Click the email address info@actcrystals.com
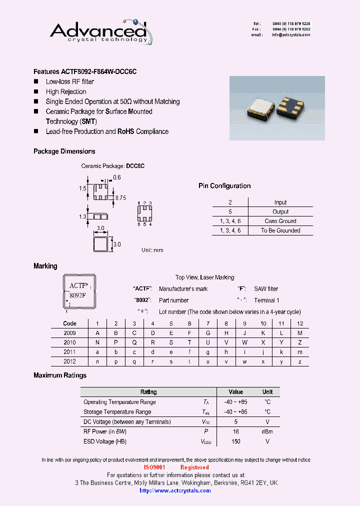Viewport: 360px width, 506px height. [291, 35]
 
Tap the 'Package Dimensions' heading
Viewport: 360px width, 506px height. [64, 151]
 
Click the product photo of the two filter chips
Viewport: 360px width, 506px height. [277, 108]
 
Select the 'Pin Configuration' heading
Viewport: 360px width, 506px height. [224, 186]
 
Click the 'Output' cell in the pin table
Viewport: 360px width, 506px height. [280, 211]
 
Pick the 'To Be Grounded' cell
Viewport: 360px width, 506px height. [280, 230]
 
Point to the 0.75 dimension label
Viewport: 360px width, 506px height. [120, 198]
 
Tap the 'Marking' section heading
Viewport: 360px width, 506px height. [45, 266]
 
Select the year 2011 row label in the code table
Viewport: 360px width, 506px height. [70, 352]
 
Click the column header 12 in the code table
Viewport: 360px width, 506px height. [300, 323]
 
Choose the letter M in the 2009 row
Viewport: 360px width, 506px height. [300, 333]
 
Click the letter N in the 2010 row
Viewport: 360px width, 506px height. [97, 342]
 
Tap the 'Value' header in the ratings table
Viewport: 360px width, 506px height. [236, 392]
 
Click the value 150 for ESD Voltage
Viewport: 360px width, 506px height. [236, 441]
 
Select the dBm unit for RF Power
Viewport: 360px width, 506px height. [267, 431]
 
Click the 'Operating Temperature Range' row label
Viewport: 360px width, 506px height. [119, 402]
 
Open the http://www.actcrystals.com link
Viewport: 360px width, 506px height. [175, 490]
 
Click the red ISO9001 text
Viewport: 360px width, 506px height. [154, 467]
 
